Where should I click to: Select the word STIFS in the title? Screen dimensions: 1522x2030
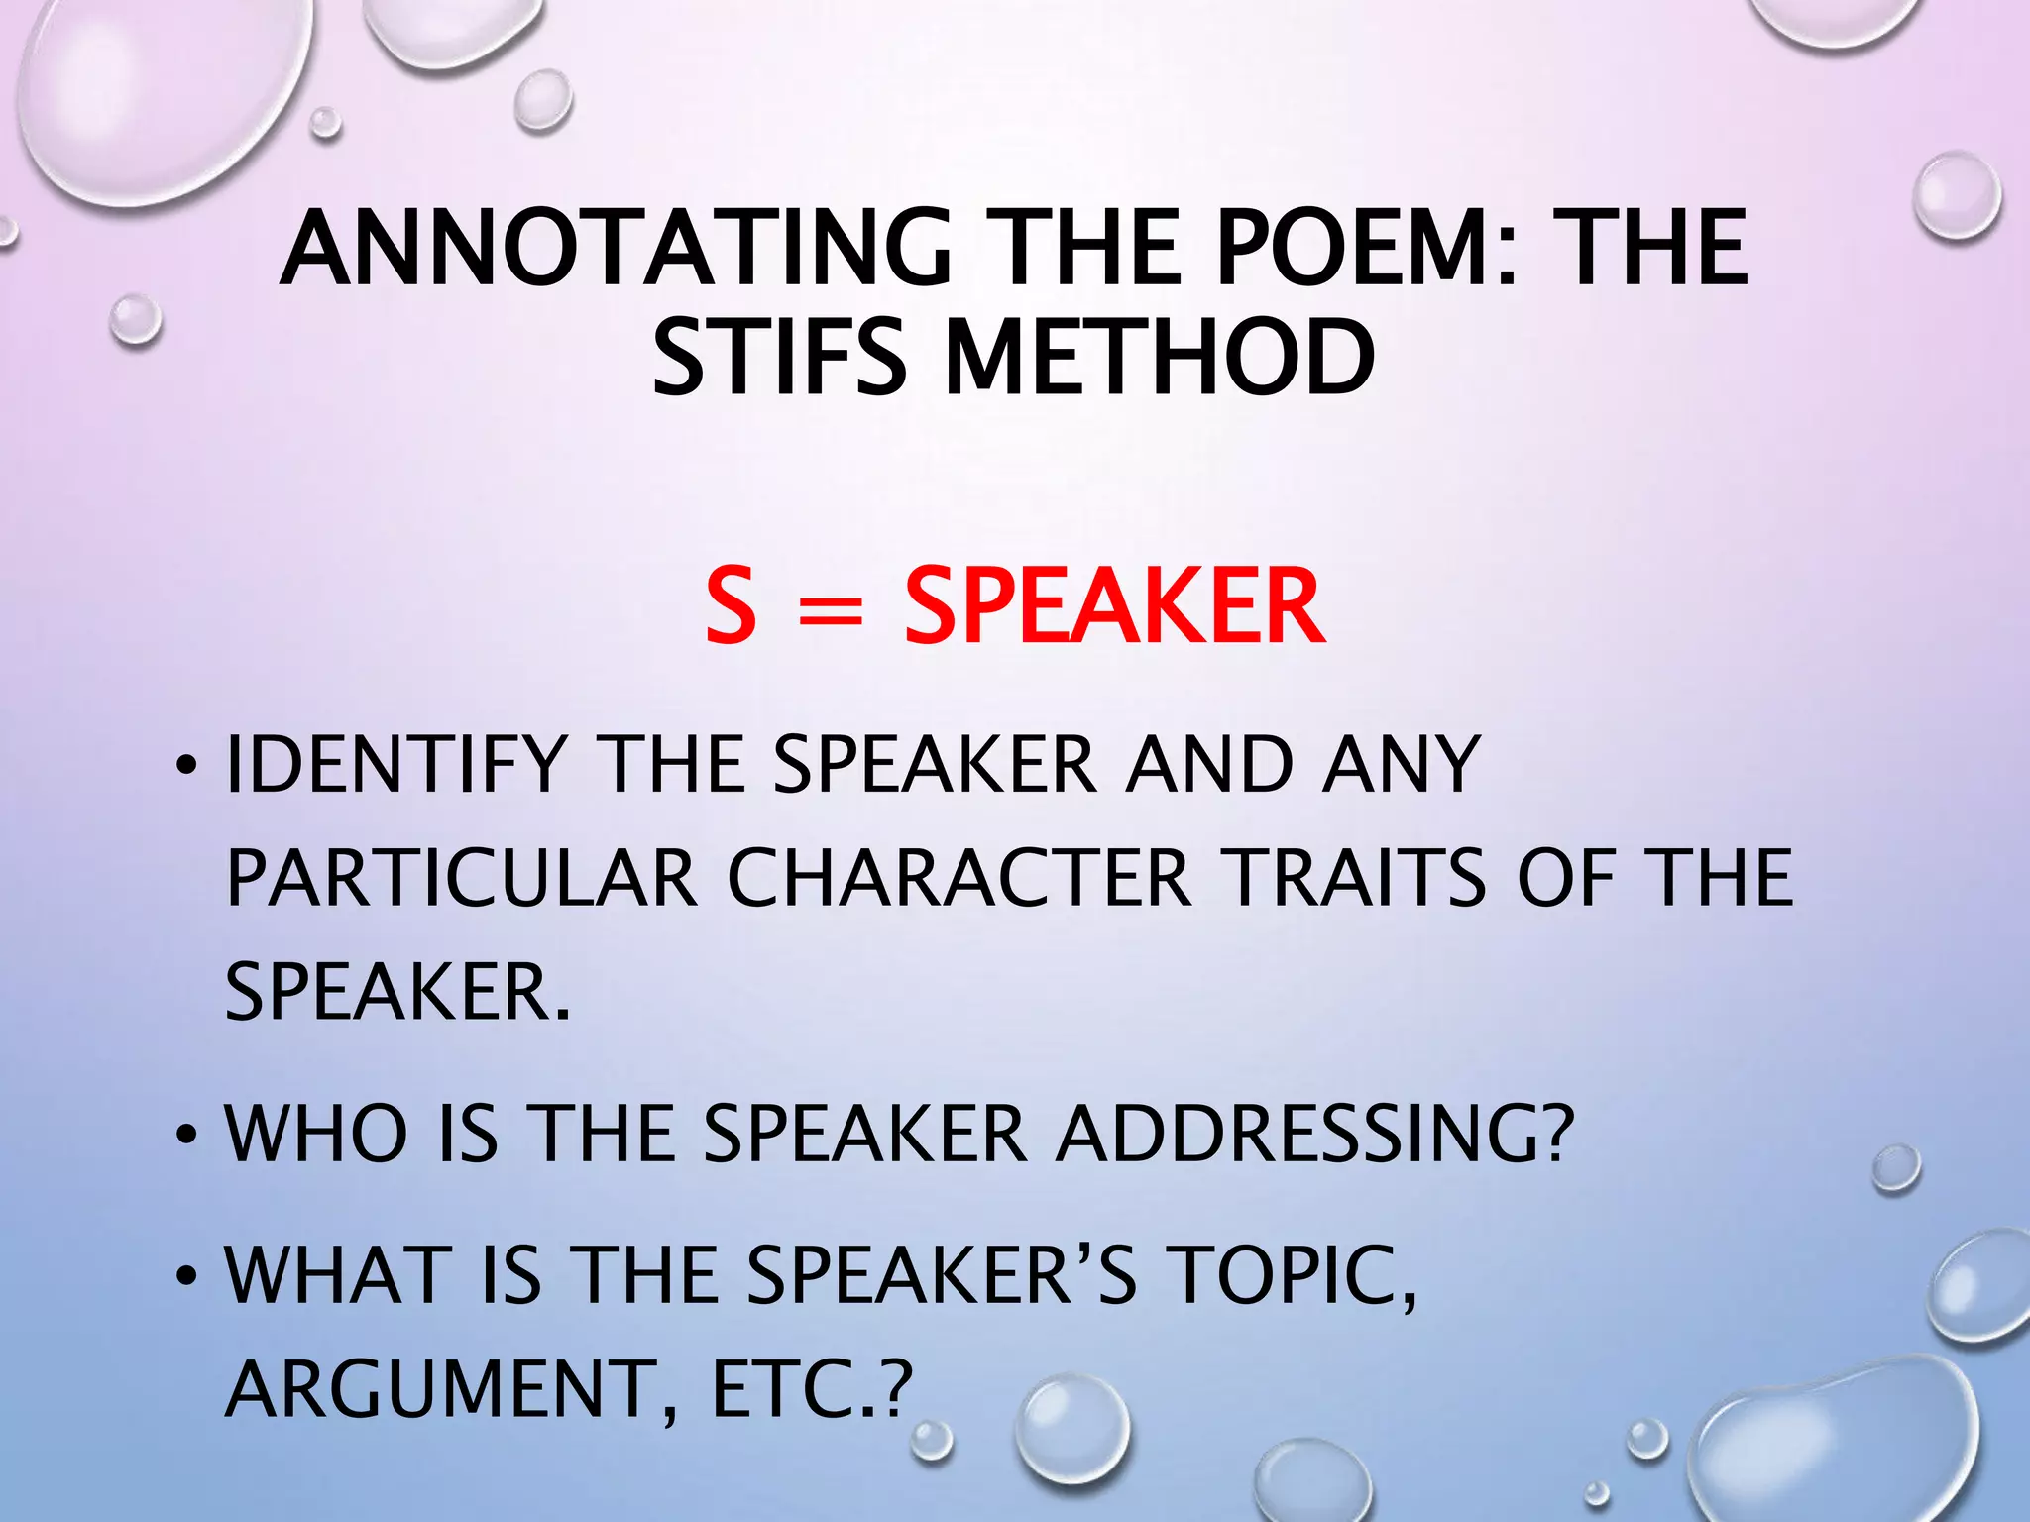click(779, 357)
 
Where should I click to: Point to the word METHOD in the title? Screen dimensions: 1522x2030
click(1161, 357)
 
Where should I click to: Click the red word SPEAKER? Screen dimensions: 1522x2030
click(1114, 606)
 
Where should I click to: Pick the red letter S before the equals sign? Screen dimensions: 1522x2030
click(731, 606)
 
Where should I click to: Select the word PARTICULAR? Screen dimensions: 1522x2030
click(462, 878)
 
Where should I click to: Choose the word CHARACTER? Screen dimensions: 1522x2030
click(959, 878)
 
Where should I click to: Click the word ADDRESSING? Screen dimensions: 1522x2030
click(1314, 1134)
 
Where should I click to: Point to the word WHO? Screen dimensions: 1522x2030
click(316, 1134)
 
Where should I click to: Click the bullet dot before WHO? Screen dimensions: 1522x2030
click(185, 1136)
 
